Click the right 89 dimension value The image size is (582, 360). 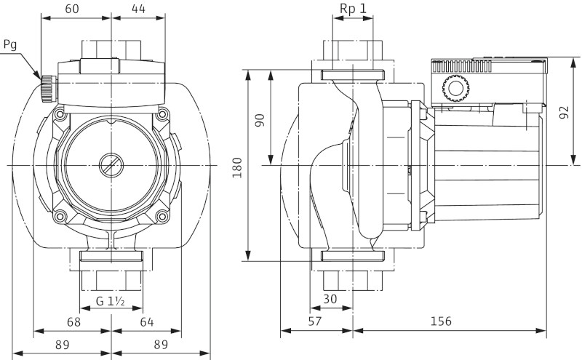pyautogui.click(x=162, y=345)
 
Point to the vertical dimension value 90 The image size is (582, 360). pyautogui.click(x=260, y=119)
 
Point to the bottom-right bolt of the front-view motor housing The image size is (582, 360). pyautogui.click(x=161, y=215)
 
